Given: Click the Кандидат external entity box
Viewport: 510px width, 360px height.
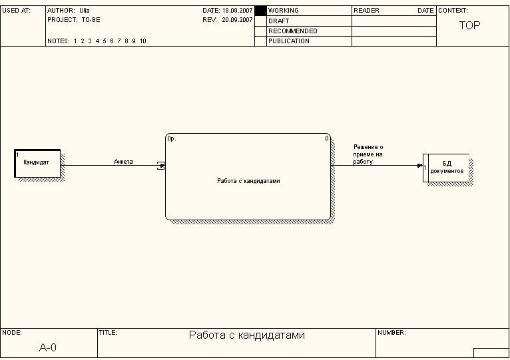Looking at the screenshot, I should tap(37, 163).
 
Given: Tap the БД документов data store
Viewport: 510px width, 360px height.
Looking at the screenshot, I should tap(447, 167).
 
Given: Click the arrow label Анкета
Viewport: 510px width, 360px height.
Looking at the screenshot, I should tap(123, 161).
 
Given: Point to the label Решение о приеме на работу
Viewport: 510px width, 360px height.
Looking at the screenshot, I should tap(368, 154).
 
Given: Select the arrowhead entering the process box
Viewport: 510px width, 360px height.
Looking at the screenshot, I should tap(161, 165).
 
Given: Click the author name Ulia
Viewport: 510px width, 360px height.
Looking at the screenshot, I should tap(85, 11).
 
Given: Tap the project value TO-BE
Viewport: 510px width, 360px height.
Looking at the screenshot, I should tap(91, 20).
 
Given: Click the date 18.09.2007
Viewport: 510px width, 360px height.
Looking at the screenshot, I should tap(237, 11).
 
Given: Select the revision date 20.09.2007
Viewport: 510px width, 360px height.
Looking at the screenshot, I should tap(237, 20).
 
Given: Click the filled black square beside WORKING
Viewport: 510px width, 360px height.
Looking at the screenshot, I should tap(260, 11).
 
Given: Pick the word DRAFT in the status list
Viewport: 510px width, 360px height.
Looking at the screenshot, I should tap(278, 21).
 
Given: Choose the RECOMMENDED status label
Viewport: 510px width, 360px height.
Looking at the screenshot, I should tap(292, 31).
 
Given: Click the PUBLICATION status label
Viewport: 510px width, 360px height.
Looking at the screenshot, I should tap(288, 41).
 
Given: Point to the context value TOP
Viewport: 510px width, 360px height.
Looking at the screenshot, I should tap(469, 25).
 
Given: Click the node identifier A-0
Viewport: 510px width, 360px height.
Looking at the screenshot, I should tap(48, 347).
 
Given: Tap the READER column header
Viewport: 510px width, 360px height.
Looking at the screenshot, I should tap(366, 11).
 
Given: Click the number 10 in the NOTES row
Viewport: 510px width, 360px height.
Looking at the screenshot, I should tap(143, 41).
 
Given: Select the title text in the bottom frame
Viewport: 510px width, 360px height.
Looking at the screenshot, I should tap(247, 335).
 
